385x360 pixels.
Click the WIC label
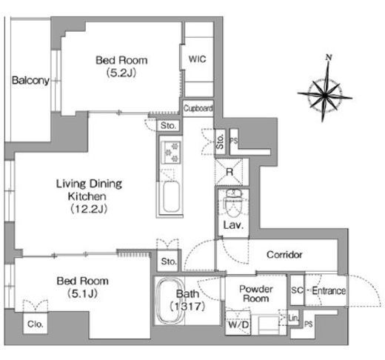coord(197,59)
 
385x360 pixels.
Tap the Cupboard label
coord(198,108)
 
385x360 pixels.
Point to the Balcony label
coord(30,81)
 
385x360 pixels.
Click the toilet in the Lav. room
coord(232,202)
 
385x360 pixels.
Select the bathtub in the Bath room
coord(171,301)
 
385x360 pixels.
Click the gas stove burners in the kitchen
coord(171,152)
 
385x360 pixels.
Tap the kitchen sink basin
coord(171,197)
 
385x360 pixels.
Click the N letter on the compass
coord(329,58)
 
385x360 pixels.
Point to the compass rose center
coord(324,94)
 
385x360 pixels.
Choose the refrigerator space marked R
coord(230,172)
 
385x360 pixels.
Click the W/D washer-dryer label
coord(238,324)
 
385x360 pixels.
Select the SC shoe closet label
coord(297,290)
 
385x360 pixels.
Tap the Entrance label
coord(329,290)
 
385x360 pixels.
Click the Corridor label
coord(284,255)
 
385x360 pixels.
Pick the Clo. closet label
coord(36,324)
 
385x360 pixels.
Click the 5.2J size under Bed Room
coord(121,73)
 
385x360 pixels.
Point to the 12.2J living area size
coord(89,209)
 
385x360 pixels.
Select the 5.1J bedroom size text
coord(82,293)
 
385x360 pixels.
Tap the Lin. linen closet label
coord(293,318)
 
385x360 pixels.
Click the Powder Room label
coord(256,293)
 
